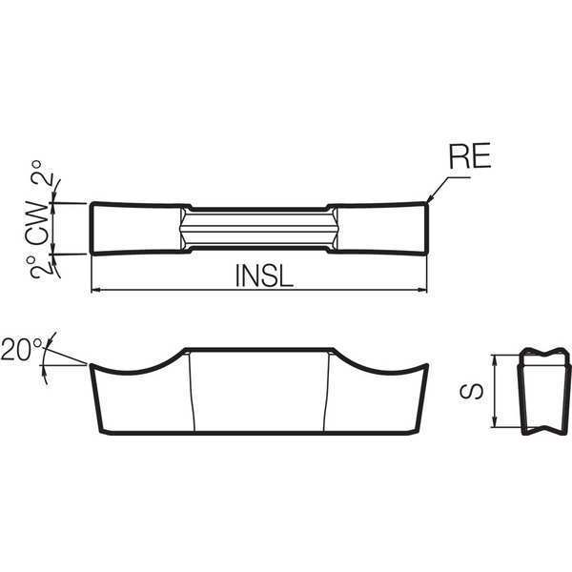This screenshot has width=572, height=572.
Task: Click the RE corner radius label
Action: click(x=469, y=156)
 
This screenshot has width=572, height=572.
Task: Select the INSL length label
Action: click(x=264, y=276)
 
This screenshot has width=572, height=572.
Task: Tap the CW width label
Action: click(x=37, y=223)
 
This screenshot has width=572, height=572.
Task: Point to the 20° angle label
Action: click(x=22, y=350)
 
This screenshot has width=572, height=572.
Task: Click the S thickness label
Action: click(x=472, y=392)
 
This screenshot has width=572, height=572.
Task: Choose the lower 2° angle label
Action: click(x=39, y=267)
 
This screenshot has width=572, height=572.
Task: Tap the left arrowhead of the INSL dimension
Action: click(x=95, y=290)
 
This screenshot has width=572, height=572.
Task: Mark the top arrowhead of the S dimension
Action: click(x=495, y=359)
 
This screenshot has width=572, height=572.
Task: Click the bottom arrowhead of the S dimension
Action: click(x=495, y=422)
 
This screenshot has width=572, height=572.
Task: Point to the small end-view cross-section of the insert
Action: click(x=544, y=391)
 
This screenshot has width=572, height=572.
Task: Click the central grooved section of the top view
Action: click(x=259, y=229)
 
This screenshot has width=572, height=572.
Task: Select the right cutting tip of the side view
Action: click(x=426, y=365)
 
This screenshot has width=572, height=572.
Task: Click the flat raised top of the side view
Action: click(x=259, y=350)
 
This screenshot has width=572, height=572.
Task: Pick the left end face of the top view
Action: click(x=92, y=228)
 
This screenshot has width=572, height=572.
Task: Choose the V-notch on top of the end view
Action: click(x=544, y=354)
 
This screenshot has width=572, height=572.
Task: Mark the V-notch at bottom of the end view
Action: click(x=544, y=429)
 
